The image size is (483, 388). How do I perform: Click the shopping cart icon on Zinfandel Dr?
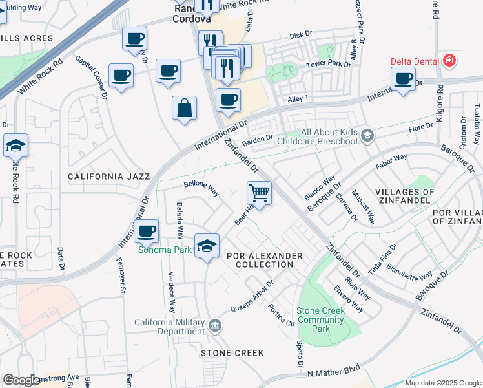pos(259,193)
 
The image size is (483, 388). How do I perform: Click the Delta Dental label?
pos(415,62)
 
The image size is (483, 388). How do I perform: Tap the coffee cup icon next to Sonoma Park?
pos(147,231)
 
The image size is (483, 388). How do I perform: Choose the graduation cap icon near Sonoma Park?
pos(207,246)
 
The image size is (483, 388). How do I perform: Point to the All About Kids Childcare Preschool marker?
pos(367,136)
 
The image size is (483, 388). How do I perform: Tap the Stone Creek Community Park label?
pos(321,319)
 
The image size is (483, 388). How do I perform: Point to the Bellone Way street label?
pos(201,188)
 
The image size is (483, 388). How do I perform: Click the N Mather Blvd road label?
pos(333,373)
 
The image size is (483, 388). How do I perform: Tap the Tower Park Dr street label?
pos(329,65)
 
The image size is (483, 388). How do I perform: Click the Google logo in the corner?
pos(21,380)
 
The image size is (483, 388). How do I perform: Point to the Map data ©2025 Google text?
pos(442,383)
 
